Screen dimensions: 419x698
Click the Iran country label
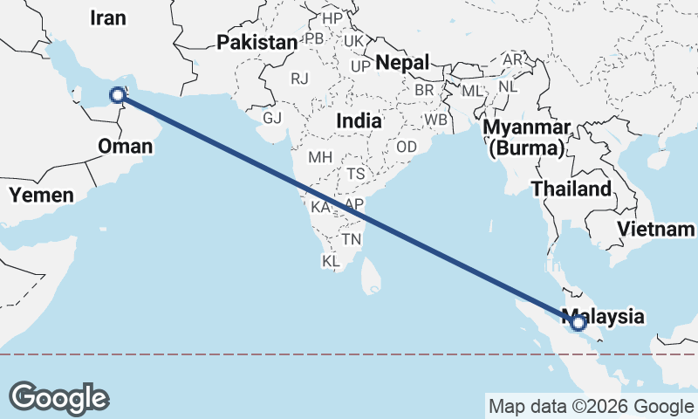click(108, 18)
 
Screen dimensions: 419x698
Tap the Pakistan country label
click(257, 42)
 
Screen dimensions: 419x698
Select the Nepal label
click(403, 63)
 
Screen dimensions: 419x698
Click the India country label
click(359, 121)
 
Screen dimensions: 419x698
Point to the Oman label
click(125, 146)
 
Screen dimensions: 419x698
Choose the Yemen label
click(42, 195)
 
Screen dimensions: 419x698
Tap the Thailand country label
click(571, 189)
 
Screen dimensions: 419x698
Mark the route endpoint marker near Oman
click(118, 95)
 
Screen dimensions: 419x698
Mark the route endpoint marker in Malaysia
click(578, 324)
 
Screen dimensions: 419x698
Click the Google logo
click(58, 398)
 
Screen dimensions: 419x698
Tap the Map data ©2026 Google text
click(590, 406)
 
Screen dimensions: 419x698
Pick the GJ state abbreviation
click(272, 119)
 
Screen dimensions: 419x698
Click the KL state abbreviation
click(331, 261)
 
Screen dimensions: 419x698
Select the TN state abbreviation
click(352, 238)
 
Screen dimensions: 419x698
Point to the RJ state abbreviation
click(300, 79)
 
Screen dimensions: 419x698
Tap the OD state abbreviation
click(407, 147)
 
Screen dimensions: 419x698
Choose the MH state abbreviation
click(320, 158)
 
